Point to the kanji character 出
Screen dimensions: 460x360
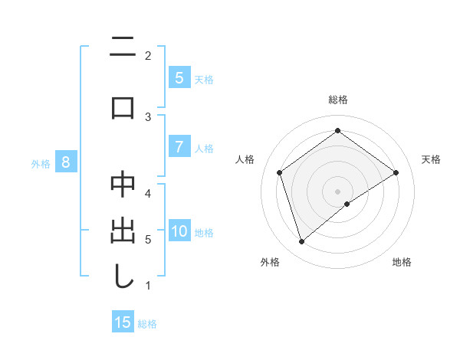pyautogui.click(x=123, y=231)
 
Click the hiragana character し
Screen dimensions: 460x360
pyautogui.click(x=123, y=277)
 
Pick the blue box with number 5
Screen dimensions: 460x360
pyautogui.click(x=179, y=78)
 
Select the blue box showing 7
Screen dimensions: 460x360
pyautogui.click(x=179, y=148)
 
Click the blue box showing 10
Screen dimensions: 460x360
pyautogui.click(x=179, y=232)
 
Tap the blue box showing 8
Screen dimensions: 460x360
pyautogui.click(x=66, y=162)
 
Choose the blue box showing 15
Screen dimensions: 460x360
pyautogui.click(x=123, y=322)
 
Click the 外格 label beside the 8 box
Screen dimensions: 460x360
pyautogui.click(x=41, y=163)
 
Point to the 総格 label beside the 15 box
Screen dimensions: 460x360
pyautogui.click(x=147, y=324)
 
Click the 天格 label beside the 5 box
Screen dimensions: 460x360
pyautogui.click(x=203, y=79)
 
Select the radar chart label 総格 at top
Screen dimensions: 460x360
pyautogui.click(x=337, y=100)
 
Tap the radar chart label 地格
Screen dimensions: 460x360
pyautogui.click(x=402, y=262)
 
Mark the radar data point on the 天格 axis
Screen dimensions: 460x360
pyautogui.click(x=396, y=172)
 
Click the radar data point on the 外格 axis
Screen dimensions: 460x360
pyautogui.click(x=302, y=242)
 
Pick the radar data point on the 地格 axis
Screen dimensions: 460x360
pyautogui.click(x=347, y=204)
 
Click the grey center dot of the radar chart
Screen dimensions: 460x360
pyautogui.click(x=337, y=191)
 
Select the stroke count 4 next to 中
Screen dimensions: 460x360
pyautogui.click(x=148, y=193)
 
